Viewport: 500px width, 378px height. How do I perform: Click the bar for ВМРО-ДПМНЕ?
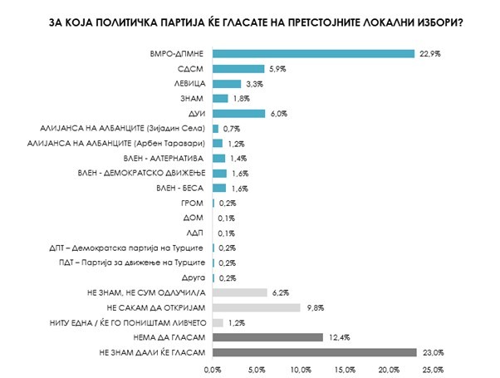point(314,54)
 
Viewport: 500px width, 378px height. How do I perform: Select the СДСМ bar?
point(239,69)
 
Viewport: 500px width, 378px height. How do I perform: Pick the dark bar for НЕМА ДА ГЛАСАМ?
point(267,336)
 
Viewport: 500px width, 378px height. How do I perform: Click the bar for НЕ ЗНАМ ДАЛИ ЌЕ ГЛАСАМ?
point(315,352)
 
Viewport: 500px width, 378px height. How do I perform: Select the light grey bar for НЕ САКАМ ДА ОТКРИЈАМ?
point(256,307)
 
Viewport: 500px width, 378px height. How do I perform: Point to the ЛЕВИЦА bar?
point(228,84)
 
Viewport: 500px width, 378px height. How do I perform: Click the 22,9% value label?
point(429,54)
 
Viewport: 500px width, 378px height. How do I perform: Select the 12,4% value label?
point(336,336)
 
